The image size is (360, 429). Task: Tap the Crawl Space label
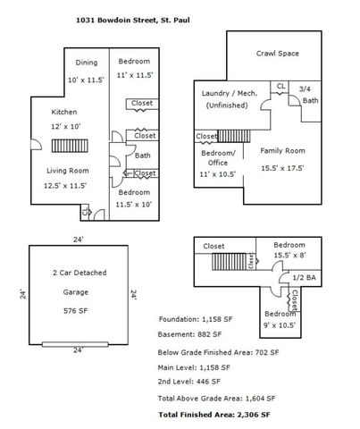(x=278, y=54)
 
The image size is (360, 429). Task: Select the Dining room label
(x=87, y=63)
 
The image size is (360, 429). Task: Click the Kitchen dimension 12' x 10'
(x=66, y=126)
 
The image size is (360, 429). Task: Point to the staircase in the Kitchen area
(x=70, y=146)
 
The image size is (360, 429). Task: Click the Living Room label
(x=68, y=171)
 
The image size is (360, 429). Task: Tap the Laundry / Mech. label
(x=230, y=93)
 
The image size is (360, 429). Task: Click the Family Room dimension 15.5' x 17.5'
(x=282, y=168)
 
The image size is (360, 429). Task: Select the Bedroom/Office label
(x=218, y=158)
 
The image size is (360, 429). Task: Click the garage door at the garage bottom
(x=75, y=344)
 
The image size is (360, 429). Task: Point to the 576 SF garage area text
(x=76, y=311)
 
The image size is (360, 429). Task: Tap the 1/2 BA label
(x=304, y=278)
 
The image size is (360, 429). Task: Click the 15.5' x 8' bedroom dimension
(x=289, y=256)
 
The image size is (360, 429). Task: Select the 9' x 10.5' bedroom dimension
(x=280, y=325)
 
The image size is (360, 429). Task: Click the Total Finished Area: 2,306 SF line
(x=214, y=415)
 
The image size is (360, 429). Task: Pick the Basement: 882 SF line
(x=189, y=334)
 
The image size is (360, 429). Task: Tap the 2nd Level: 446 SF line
(x=189, y=382)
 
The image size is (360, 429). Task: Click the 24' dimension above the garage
(x=79, y=240)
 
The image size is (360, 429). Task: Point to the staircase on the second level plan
(x=229, y=262)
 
